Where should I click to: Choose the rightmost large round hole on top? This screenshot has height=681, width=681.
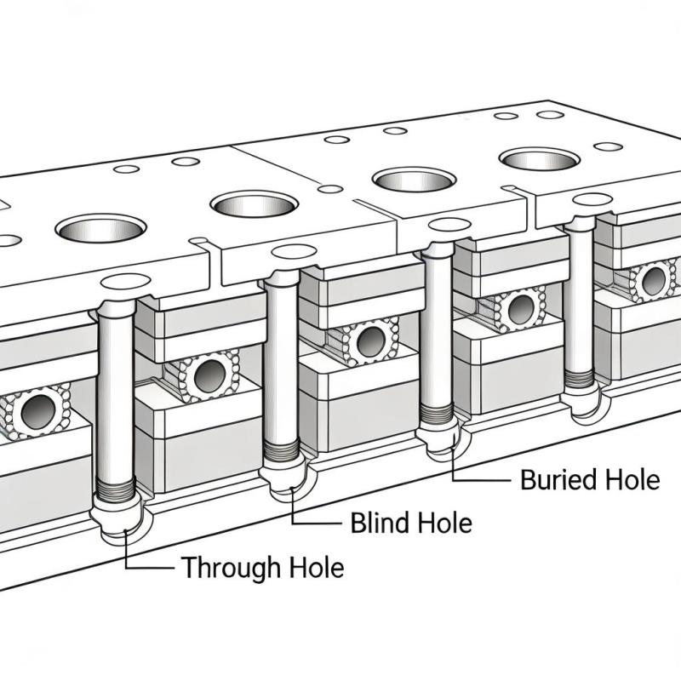(x=539, y=158)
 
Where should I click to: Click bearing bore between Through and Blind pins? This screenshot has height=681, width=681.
(x=206, y=375)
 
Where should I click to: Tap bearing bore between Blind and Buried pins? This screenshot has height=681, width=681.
(x=370, y=341)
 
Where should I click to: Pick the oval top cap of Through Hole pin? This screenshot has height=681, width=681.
(x=124, y=282)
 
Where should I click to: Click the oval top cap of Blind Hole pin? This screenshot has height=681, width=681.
(x=293, y=251)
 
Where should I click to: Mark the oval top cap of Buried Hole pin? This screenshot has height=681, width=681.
(x=444, y=225)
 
